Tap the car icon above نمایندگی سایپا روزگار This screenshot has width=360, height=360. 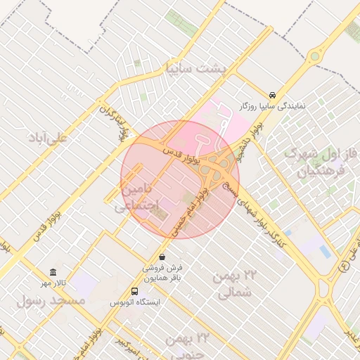[272, 94]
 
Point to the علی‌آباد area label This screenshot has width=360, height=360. [47, 136]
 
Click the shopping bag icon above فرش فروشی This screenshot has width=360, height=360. [162, 257]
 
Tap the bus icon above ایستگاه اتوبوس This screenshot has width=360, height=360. [134, 291]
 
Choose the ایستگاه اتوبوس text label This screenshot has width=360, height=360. [134, 302]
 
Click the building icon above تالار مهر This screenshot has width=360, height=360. [53, 272]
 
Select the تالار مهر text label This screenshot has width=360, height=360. [53, 283]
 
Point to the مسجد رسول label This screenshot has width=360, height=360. [51, 300]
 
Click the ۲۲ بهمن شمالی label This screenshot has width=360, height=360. [233, 284]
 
